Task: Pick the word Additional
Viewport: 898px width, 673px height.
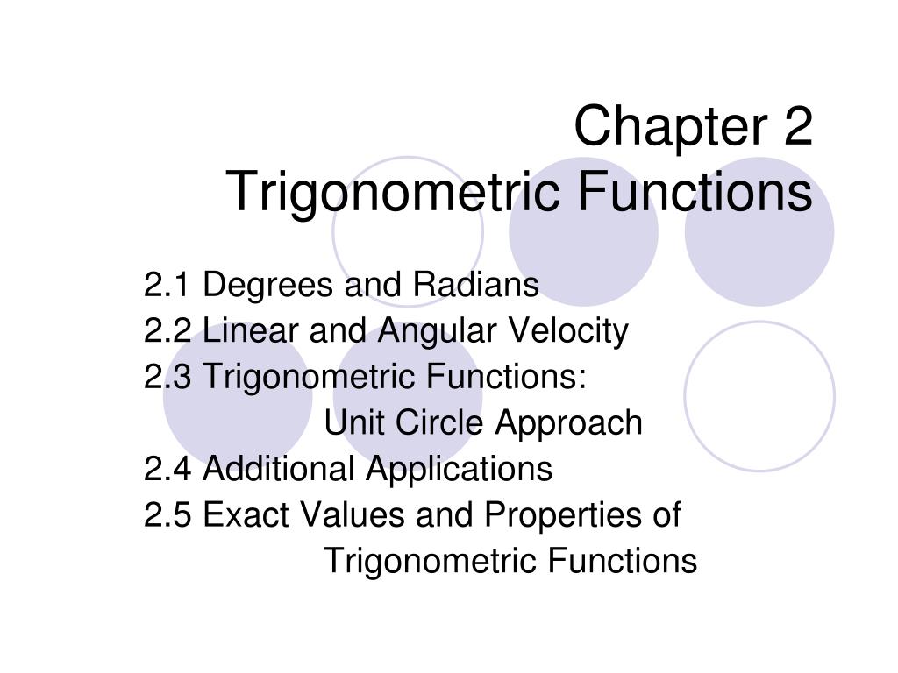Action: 280,470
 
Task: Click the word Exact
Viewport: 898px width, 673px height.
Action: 247,515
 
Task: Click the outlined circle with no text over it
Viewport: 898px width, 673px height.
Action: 759,396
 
